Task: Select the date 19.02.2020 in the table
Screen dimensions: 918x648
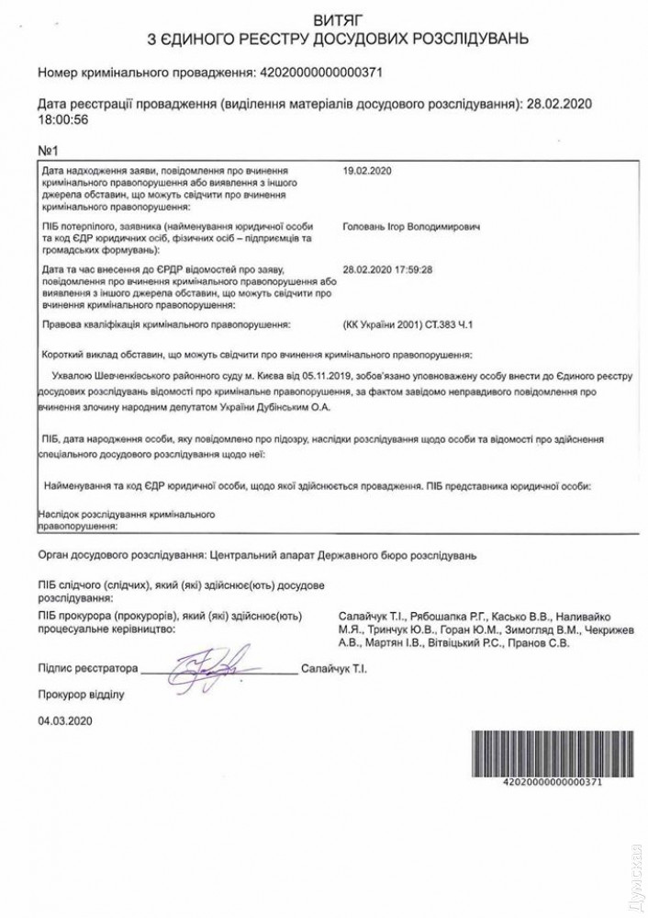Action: point(366,171)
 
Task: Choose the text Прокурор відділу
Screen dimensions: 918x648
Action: point(80,694)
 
